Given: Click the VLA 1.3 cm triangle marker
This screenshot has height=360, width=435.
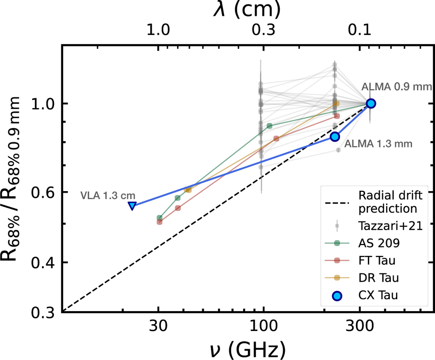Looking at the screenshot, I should click(x=132, y=206).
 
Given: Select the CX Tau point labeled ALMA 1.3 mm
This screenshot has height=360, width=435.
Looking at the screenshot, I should click(x=335, y=136).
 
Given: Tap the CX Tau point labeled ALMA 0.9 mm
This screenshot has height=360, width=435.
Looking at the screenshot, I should click(x=370, y=103).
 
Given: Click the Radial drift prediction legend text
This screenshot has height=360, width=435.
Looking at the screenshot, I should click(x=385, y=202).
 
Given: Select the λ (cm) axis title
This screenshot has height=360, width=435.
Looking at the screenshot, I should click(x=246, y=11).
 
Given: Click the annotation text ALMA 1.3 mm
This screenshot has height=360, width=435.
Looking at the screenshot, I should click(x=378, y=144).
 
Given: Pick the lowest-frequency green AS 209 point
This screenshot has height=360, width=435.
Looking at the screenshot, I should click(x=159, y=218).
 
